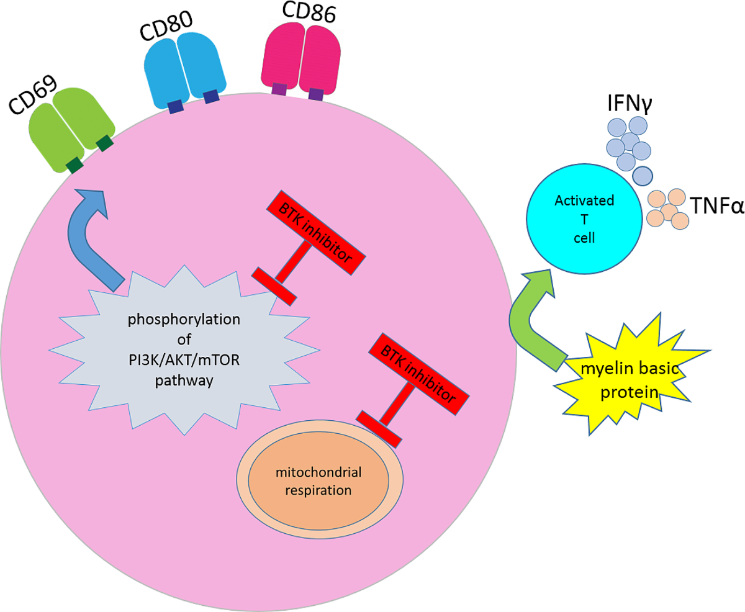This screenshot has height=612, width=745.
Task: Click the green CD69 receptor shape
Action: (x=70, y=127)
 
